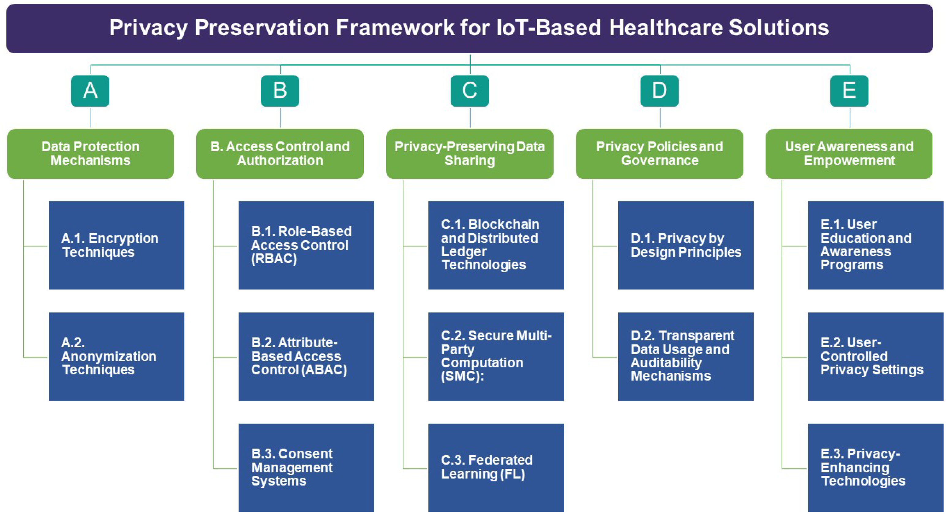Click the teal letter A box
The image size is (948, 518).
[x=90, y=91]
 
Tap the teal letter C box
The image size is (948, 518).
[x=470, y=91]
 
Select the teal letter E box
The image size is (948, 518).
[x=849, y=91]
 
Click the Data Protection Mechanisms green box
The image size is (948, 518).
[x=91, y=154]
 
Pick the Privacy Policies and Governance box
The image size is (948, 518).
[x=660, y=154]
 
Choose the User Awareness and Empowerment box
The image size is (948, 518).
[x=849, y=154]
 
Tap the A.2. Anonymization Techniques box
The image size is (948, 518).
[x=116, y=356]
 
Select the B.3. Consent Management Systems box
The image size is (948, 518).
[x=306, y=467]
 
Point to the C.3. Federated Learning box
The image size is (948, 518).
[x=496, y=467]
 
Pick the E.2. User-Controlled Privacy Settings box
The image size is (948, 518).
[x=875, y=356]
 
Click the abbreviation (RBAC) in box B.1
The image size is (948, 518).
[x=274, y=259]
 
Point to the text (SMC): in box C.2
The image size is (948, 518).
[x=462, y=376]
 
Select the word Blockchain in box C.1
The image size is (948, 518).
[x=503, y=224]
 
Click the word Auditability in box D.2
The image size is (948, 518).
[x=666, y=363]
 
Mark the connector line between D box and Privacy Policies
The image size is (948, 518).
[x=660, y=118]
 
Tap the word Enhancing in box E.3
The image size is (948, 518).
[x=855, y=467]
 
